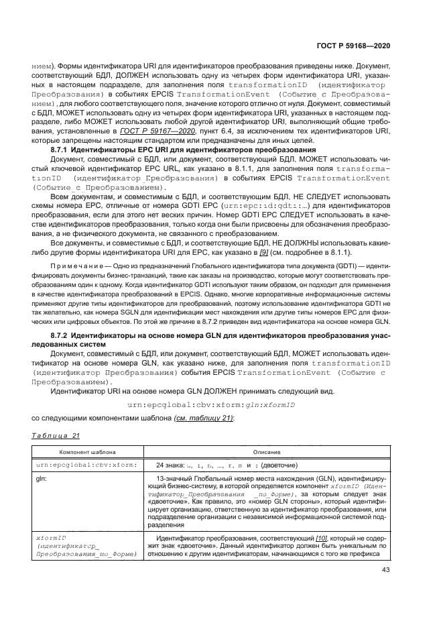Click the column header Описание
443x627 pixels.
pos(267,453)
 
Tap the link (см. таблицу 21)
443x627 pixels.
pos(203,418)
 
